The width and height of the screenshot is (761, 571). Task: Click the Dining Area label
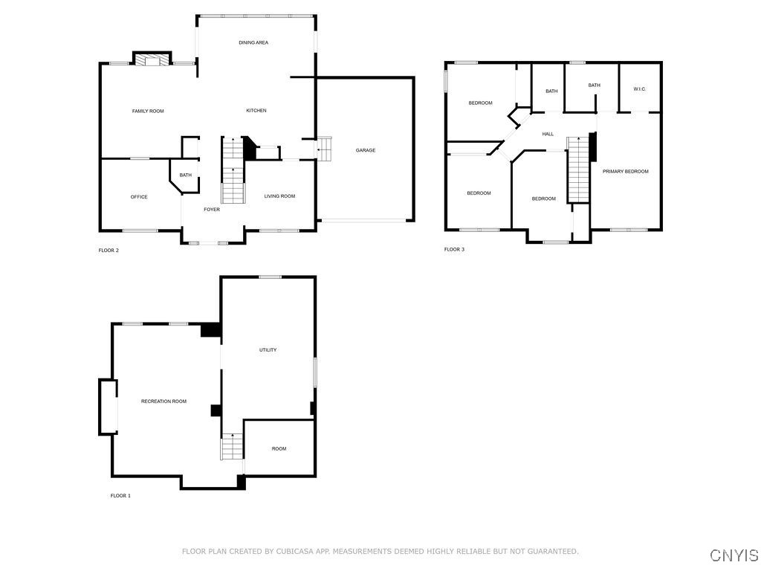pos(253,43)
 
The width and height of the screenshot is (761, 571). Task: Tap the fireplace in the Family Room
pos(152,60)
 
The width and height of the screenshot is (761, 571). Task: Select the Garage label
pos(365,151)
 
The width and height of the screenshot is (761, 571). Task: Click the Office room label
pos(139,197)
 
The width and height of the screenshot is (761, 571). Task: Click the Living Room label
pos(280,196)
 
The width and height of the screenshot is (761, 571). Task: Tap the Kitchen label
pos(256,111)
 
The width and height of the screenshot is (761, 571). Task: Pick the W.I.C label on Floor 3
pos(639,90)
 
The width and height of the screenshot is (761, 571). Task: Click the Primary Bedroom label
pos(625,172)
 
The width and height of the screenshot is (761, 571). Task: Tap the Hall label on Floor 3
pos(548,134)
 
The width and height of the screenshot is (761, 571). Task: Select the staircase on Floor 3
pos(578,170)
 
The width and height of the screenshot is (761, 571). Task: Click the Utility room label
pos(268,350)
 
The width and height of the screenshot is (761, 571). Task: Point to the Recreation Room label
pos(163,401)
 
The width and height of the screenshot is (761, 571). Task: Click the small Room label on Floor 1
pos(279,449)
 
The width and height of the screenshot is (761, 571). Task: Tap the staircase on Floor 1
pos(232,447)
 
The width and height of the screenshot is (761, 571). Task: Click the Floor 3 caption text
pos(454,250)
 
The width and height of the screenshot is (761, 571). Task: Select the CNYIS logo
pos(734,555)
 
